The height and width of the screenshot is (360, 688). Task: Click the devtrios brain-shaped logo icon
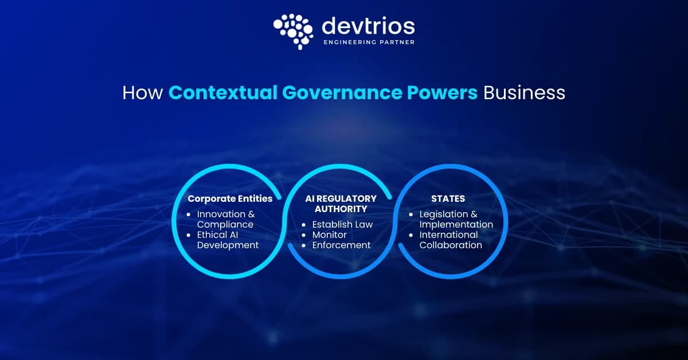click(294, 32)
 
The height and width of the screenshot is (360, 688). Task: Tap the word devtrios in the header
click(368, 26)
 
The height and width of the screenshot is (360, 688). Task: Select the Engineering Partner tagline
click(369, 42)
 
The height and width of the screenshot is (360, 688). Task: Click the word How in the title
click(143, 93)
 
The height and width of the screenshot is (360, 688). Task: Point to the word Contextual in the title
click(223, 93)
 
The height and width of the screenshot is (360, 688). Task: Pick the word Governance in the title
click(342, 93)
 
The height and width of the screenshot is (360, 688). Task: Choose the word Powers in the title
click(442, 93)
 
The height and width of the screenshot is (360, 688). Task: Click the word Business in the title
click(524, 93)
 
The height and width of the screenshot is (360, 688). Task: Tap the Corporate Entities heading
click(230, 199)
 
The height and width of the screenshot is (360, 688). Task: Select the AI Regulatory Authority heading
click(341, 204)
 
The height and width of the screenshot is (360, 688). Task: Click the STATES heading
click(448, 199)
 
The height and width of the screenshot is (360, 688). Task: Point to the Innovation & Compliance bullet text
click(226, 220)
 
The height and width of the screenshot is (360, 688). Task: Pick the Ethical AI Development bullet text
click(228, 240)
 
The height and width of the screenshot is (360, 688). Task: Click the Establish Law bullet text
click(342, 225)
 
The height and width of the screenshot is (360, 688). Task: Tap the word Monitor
click(329, 234)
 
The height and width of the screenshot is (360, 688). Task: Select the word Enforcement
click(342, 245)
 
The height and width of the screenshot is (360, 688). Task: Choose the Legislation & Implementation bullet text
click(456, 220)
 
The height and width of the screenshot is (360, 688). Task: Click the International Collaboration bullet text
click(451, 240)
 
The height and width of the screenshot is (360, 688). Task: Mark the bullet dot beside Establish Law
click(304, 225)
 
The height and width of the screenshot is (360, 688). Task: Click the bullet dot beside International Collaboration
click(411, 235)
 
